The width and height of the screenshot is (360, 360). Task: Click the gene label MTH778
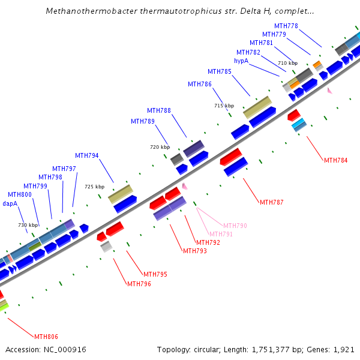(286, 26)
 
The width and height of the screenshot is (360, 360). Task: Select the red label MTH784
(336, 160)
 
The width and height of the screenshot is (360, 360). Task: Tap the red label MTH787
(272, 202)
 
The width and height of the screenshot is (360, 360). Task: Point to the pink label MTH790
(235, 226)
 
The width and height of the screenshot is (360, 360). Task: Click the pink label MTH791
(221, 234)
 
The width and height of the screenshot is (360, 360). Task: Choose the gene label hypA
(241, 61)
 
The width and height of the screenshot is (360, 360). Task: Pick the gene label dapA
(10, 203)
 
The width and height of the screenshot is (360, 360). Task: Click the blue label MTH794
(87, 156)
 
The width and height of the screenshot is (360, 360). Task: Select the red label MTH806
(46, 337)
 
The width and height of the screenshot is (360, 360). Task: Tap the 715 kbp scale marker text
(224, 106)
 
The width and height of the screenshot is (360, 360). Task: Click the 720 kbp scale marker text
(160, 147)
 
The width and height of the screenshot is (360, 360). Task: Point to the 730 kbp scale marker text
(28, 225)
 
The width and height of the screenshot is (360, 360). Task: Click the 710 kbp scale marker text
(287, 63)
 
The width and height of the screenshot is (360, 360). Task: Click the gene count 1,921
(344, 349)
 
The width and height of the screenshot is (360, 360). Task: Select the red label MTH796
(139, 284)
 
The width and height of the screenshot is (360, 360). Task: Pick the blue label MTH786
(200, 84)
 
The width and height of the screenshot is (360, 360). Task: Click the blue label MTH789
(143, 122)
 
